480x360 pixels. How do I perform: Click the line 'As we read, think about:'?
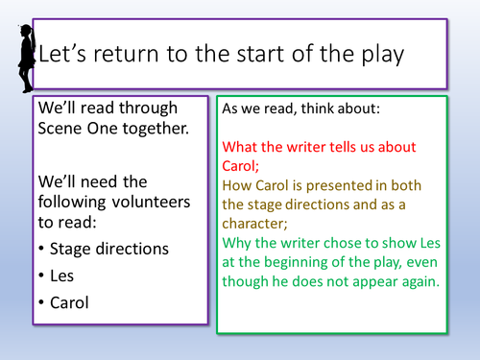click(300, 109)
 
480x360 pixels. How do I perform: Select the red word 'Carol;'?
click(245, 166)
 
